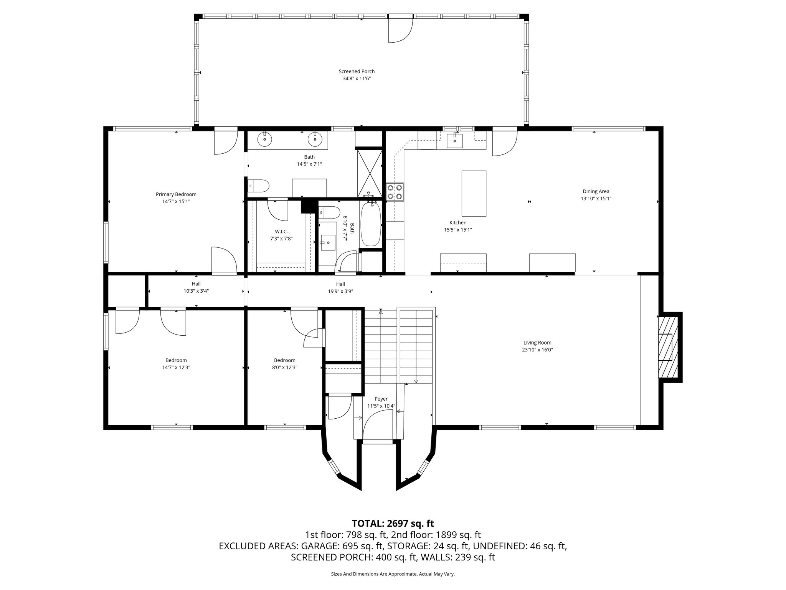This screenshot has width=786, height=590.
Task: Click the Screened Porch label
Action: point(357,71)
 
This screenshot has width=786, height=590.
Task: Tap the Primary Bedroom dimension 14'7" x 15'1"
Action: point(176,201)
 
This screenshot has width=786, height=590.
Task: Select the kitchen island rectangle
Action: point(474,194)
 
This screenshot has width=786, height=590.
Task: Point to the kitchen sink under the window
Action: point(455,141)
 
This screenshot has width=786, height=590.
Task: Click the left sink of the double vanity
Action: point(264,139)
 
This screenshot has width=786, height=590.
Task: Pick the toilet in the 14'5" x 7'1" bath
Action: point(258,186)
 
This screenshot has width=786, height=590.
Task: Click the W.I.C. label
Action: point(281,231)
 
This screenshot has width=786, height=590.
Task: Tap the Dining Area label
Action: point(596,191)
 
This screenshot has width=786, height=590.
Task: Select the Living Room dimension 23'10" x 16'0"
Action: point(537,350)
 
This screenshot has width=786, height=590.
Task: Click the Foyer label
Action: point(381,399)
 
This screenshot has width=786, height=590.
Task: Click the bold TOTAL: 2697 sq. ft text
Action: point(393,524)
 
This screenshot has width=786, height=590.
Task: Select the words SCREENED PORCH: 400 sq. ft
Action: point(355,557)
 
